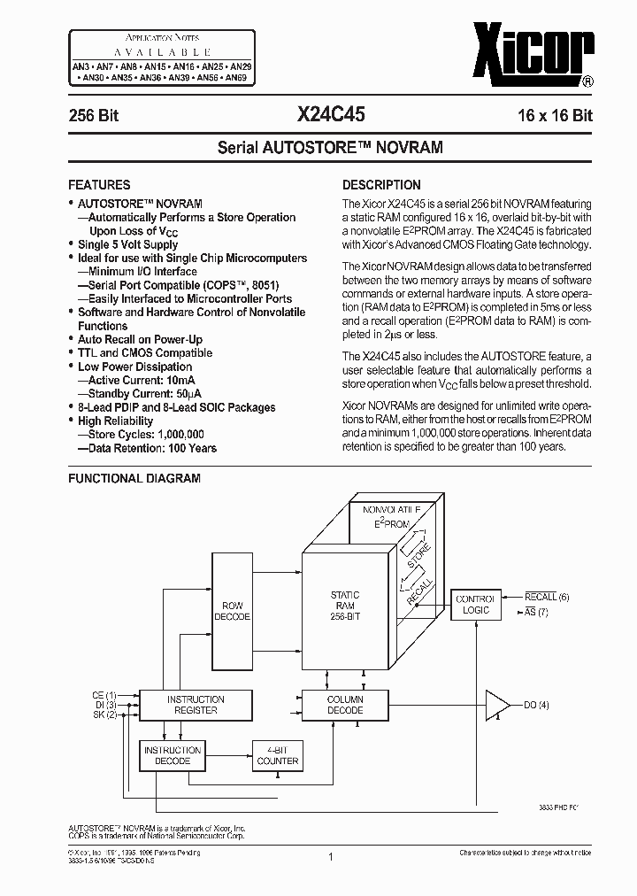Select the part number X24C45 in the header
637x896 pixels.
[x=330, y=114]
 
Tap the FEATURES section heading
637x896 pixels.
[x=99, y=185]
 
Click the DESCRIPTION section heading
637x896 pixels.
[x=381, y=185]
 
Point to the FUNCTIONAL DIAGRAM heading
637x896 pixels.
[x=134, y=478]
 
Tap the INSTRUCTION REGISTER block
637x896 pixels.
[x=196, y=705]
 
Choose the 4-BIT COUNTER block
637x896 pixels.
[x=278, y=754]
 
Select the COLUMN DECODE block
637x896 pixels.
[x=345, y=705]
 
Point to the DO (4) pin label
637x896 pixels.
[x=536, y=705]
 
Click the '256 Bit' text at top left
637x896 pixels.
[x=94, y=115]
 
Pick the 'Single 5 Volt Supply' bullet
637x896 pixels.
[x=127, y=244]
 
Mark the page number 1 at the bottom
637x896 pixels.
[x=330, y=857]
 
